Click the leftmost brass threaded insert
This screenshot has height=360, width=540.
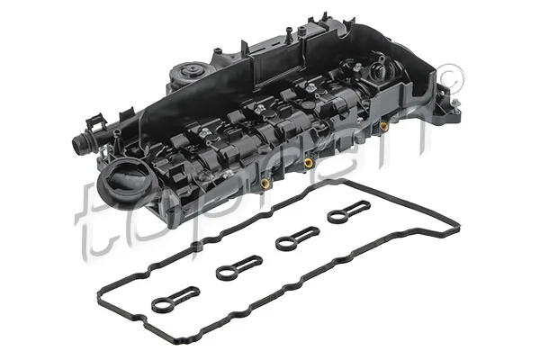(x=265, y=184)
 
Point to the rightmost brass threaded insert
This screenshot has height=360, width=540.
(x=384, y=126)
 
